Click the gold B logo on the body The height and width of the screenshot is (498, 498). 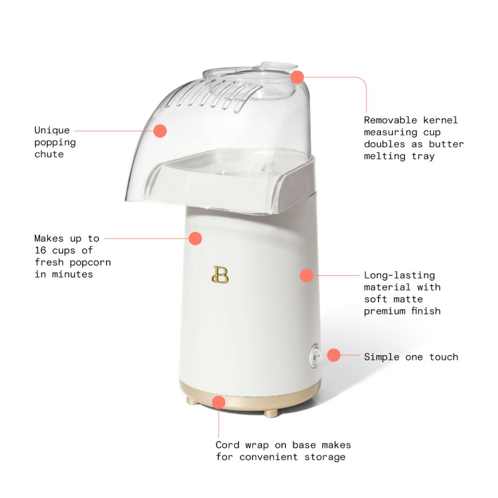[x=220, y=275]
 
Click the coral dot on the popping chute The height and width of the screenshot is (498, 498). [x=160, y=131]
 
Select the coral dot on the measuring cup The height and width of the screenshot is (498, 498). [x=297, y=77]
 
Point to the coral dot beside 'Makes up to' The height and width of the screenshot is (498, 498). [x=195, y=239]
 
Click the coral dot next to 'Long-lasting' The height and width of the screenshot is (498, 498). [x=307, y=275]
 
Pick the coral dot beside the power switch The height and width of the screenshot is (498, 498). [x=334, y=355]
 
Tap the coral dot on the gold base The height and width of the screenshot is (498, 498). [x=219, y=402]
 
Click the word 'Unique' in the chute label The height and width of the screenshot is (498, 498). [x=52, y=130]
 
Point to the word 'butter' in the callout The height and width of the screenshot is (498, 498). [x=446, y=144]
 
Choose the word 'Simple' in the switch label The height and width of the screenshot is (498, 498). [x=382, y=357]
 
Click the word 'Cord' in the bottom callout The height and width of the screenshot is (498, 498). [x=227, y=445]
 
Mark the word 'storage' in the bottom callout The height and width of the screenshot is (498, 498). [x=324, y=457]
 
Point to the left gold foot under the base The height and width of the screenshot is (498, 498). [x=192, y=401]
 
